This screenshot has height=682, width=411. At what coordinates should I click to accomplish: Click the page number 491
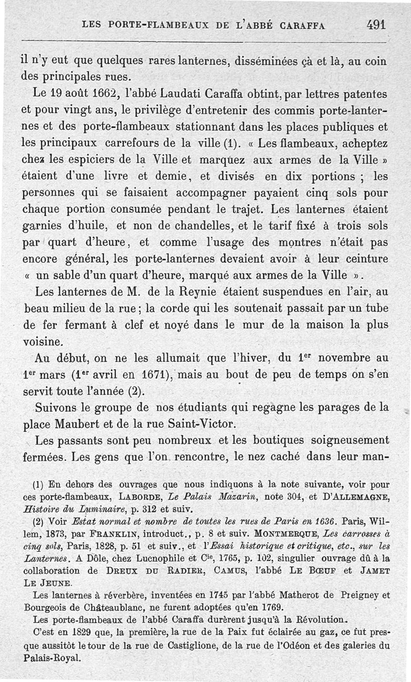376,24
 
